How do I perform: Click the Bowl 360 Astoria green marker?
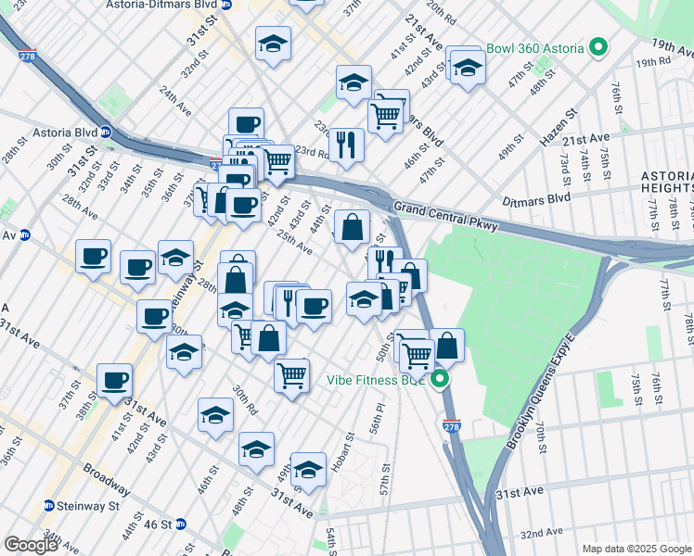(598, 47)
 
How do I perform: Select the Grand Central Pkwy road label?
(446, 216)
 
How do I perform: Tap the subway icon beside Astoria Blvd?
(106, 132)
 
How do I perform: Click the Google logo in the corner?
(32, 545)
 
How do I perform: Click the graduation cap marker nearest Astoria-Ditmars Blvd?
(273, 43)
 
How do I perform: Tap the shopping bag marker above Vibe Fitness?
(446, 345)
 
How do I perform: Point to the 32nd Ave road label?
(541, 533)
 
